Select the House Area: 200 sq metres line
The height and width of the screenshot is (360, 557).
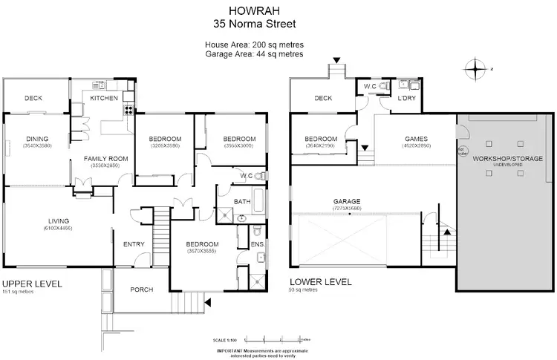(x=255, y=45)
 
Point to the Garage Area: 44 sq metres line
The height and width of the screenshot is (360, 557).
(x=255, y=54)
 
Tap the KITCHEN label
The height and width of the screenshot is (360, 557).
(x=103, y=98)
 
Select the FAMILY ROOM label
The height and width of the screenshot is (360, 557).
(x=105, y=158)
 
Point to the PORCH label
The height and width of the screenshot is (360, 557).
(x=141, y=289)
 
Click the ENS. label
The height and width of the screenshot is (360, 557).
(x=257, y=243)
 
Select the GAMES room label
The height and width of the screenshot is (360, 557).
(x=416, y=139)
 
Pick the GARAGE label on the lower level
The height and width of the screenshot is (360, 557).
(x=348, y=201)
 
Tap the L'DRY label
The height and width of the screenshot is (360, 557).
(x=406, y=98)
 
